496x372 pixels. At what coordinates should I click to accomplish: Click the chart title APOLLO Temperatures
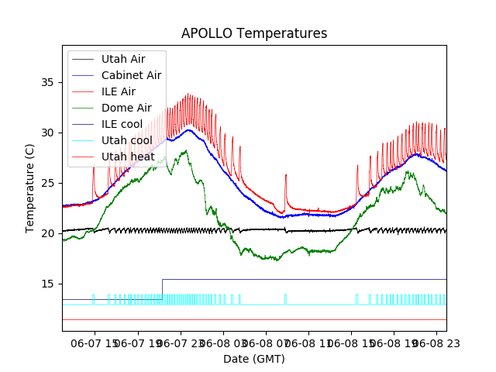254,34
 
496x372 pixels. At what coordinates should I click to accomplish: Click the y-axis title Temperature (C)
30,188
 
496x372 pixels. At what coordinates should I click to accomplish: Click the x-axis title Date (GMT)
254,359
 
